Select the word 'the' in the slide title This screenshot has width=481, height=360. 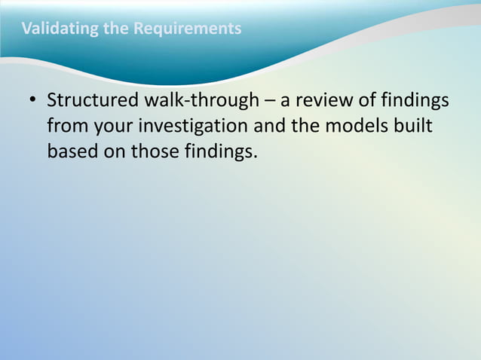115,29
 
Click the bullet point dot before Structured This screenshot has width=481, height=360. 32,101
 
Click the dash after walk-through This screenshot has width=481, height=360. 268,101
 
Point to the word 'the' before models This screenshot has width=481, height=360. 305,127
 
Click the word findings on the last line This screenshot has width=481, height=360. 221,151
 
